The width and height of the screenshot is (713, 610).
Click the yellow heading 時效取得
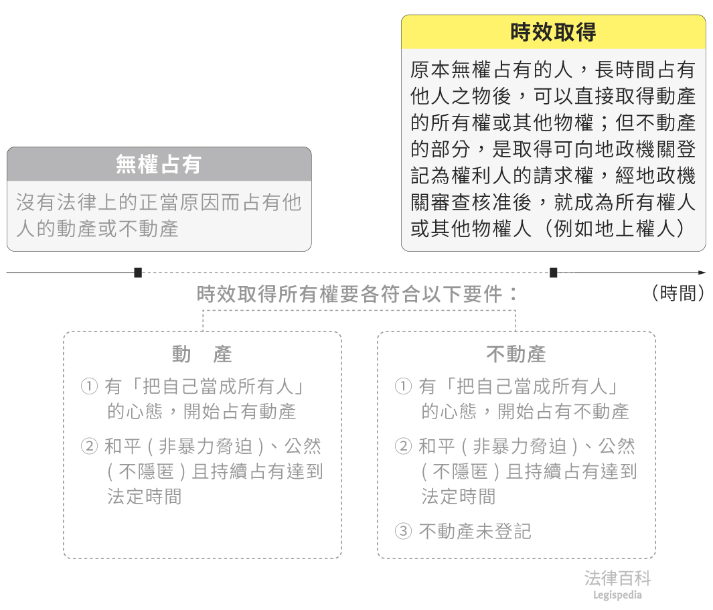[553, 32]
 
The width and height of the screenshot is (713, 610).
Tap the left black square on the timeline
[138, 273]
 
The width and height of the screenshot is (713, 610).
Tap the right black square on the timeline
[554, 273]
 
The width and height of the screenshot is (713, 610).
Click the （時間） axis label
[678, 293]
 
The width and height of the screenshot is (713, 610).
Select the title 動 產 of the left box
[202, 354]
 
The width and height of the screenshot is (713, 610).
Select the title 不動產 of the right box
[516, 354]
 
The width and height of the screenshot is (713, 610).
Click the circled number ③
[402, 532]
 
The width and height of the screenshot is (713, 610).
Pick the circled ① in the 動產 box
[89, 386]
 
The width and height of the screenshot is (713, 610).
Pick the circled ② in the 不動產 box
[402, 447]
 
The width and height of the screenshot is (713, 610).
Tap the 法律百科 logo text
[617, 579]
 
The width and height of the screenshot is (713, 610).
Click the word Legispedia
[617, 595]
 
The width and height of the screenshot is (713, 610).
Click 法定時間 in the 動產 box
[144, 496]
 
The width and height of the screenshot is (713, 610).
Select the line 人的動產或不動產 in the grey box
[97, 228]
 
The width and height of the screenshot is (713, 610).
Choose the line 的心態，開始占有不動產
[525, 411]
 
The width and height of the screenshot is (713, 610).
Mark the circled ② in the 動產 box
[89, 447]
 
